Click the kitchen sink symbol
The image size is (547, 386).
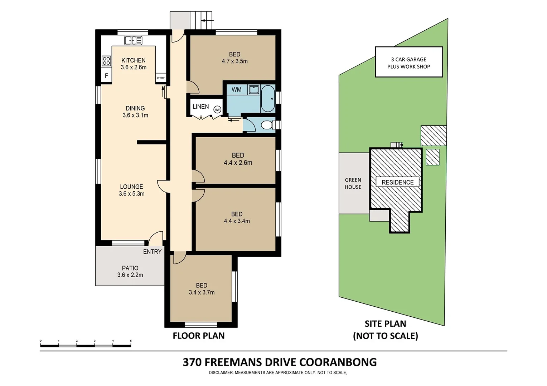coord(133,40)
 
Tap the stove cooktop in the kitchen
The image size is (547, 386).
coord(106,61)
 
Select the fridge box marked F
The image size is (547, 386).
coord(106,76)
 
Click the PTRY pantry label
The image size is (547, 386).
coord(161,78)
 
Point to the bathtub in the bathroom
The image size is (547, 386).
coord(268,99)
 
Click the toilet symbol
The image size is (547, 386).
coord(267,125)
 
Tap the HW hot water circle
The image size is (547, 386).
coord(217,110)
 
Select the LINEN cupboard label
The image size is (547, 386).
coord(200,107)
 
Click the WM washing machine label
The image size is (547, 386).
coord(236,90)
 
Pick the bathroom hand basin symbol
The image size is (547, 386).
coord(254,89)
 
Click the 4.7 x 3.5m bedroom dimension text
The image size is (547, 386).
coord(234,61)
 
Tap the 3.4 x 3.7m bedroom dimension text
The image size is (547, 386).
coord(202,292)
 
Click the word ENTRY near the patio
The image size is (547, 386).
coord(152,252)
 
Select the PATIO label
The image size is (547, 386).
coord(130,268)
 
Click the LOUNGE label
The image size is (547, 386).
coord(131,187)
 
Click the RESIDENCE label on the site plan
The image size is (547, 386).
coord(397,182)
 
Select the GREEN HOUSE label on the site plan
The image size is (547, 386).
coord(353,183)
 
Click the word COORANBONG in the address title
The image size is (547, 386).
coord(338,362)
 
